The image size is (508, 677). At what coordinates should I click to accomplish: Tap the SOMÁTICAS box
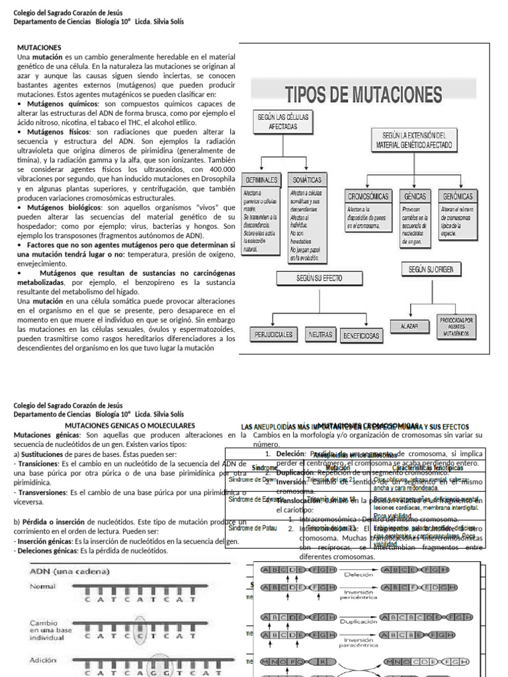(x=307, y=179)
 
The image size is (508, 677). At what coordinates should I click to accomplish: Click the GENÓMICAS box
(x=457, y=196)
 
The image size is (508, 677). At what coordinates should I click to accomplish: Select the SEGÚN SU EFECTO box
(x=319, y=278)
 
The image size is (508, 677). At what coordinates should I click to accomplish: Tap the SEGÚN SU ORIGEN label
(x=431, y=269)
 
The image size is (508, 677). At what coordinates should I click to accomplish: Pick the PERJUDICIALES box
(x=274, y=335)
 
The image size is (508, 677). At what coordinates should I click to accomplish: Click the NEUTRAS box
(x=321, y=335)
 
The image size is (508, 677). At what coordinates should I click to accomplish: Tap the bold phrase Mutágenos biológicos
(x=60, y=207)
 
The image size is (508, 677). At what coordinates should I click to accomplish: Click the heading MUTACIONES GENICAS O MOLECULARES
(x=130, y=424)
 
